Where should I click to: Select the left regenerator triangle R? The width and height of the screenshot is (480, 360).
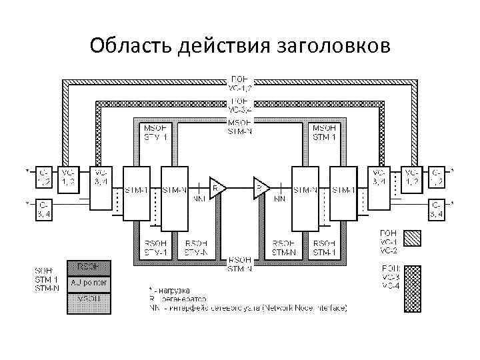[217, 189]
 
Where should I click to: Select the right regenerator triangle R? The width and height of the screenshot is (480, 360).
[261, 189]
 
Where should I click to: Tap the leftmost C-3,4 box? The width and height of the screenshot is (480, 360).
[43, 209]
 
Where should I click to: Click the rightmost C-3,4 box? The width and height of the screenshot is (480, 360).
[437, 209]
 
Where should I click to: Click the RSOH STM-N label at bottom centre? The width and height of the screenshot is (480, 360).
[239, 264]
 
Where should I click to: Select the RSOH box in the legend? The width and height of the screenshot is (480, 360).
[87, 267]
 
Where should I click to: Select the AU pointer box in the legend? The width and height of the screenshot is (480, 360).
[87, 283]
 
